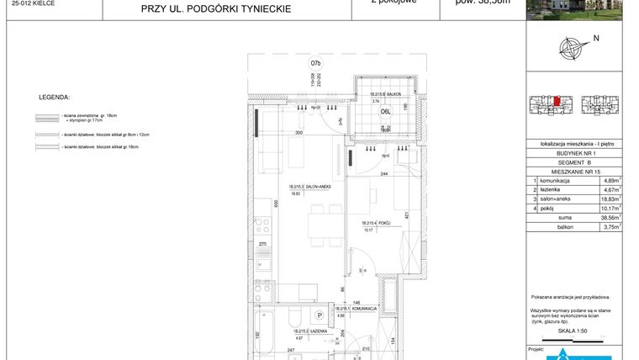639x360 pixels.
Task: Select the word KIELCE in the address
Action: coord(34,3)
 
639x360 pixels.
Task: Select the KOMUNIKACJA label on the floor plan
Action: coord(347,310)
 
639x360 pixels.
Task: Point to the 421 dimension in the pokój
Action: coord(407,215)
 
